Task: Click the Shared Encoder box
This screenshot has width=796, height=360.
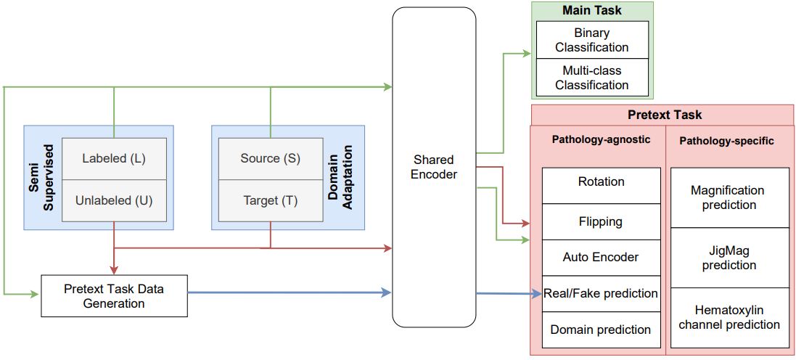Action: coord(434,167)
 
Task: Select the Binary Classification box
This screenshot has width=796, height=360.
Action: coord(592,40)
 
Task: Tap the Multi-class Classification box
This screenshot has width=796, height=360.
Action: coord(592,78)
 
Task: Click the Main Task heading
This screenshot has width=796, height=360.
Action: coord(592,10)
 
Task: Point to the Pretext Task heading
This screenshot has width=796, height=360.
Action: coord(664,115)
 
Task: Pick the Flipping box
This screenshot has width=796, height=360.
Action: coord(602,221)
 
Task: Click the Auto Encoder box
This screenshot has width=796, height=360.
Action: coord(602,257)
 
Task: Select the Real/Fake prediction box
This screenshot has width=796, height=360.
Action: coord(602,293)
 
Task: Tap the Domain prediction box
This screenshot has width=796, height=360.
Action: coord(602,330)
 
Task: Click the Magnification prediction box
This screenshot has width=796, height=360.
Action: coord(729,197)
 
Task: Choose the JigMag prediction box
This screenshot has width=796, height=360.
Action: coord(729,258)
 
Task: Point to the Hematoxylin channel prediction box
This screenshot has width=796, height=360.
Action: coord(729,317)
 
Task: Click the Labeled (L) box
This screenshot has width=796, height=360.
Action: coord(114,158)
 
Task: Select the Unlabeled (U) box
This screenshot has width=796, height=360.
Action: coord(114,200)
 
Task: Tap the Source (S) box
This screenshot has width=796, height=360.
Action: coord(271,158)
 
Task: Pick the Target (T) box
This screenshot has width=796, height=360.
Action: coord(271,200)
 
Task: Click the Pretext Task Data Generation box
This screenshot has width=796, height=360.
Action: coord(114,295)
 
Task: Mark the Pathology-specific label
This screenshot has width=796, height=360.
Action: coord(726,141)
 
